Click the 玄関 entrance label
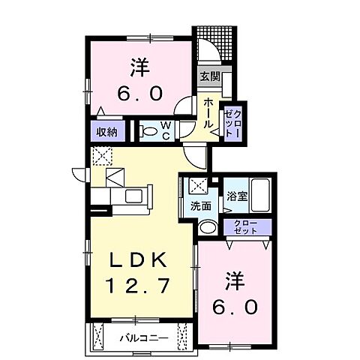click(208, 76)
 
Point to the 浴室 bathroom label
click(238, 197)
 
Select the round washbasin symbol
click(209, 228)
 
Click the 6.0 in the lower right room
click(240, 306)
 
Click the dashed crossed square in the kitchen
click(100, 156)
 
